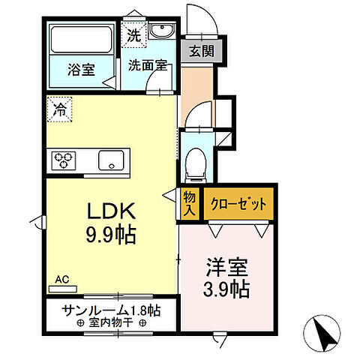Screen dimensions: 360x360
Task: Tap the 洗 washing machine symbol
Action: coord(133,34)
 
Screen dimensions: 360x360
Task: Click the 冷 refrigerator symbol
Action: coord(58,109)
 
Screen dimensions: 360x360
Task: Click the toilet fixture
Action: coord(195,163)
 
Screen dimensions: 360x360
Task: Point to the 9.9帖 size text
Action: coord(110,235)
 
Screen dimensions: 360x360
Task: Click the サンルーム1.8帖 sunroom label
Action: coord(110,309)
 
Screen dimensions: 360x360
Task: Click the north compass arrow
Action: coord(323,331)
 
